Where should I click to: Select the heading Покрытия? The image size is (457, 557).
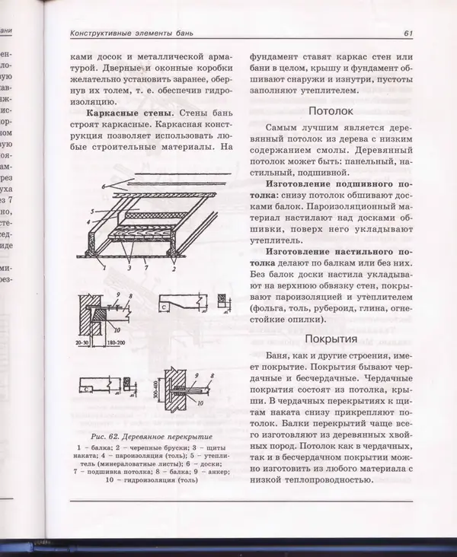coord(331,339)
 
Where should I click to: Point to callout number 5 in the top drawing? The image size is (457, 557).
coord(91,210)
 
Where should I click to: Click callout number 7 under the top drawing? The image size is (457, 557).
coord(145,268)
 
